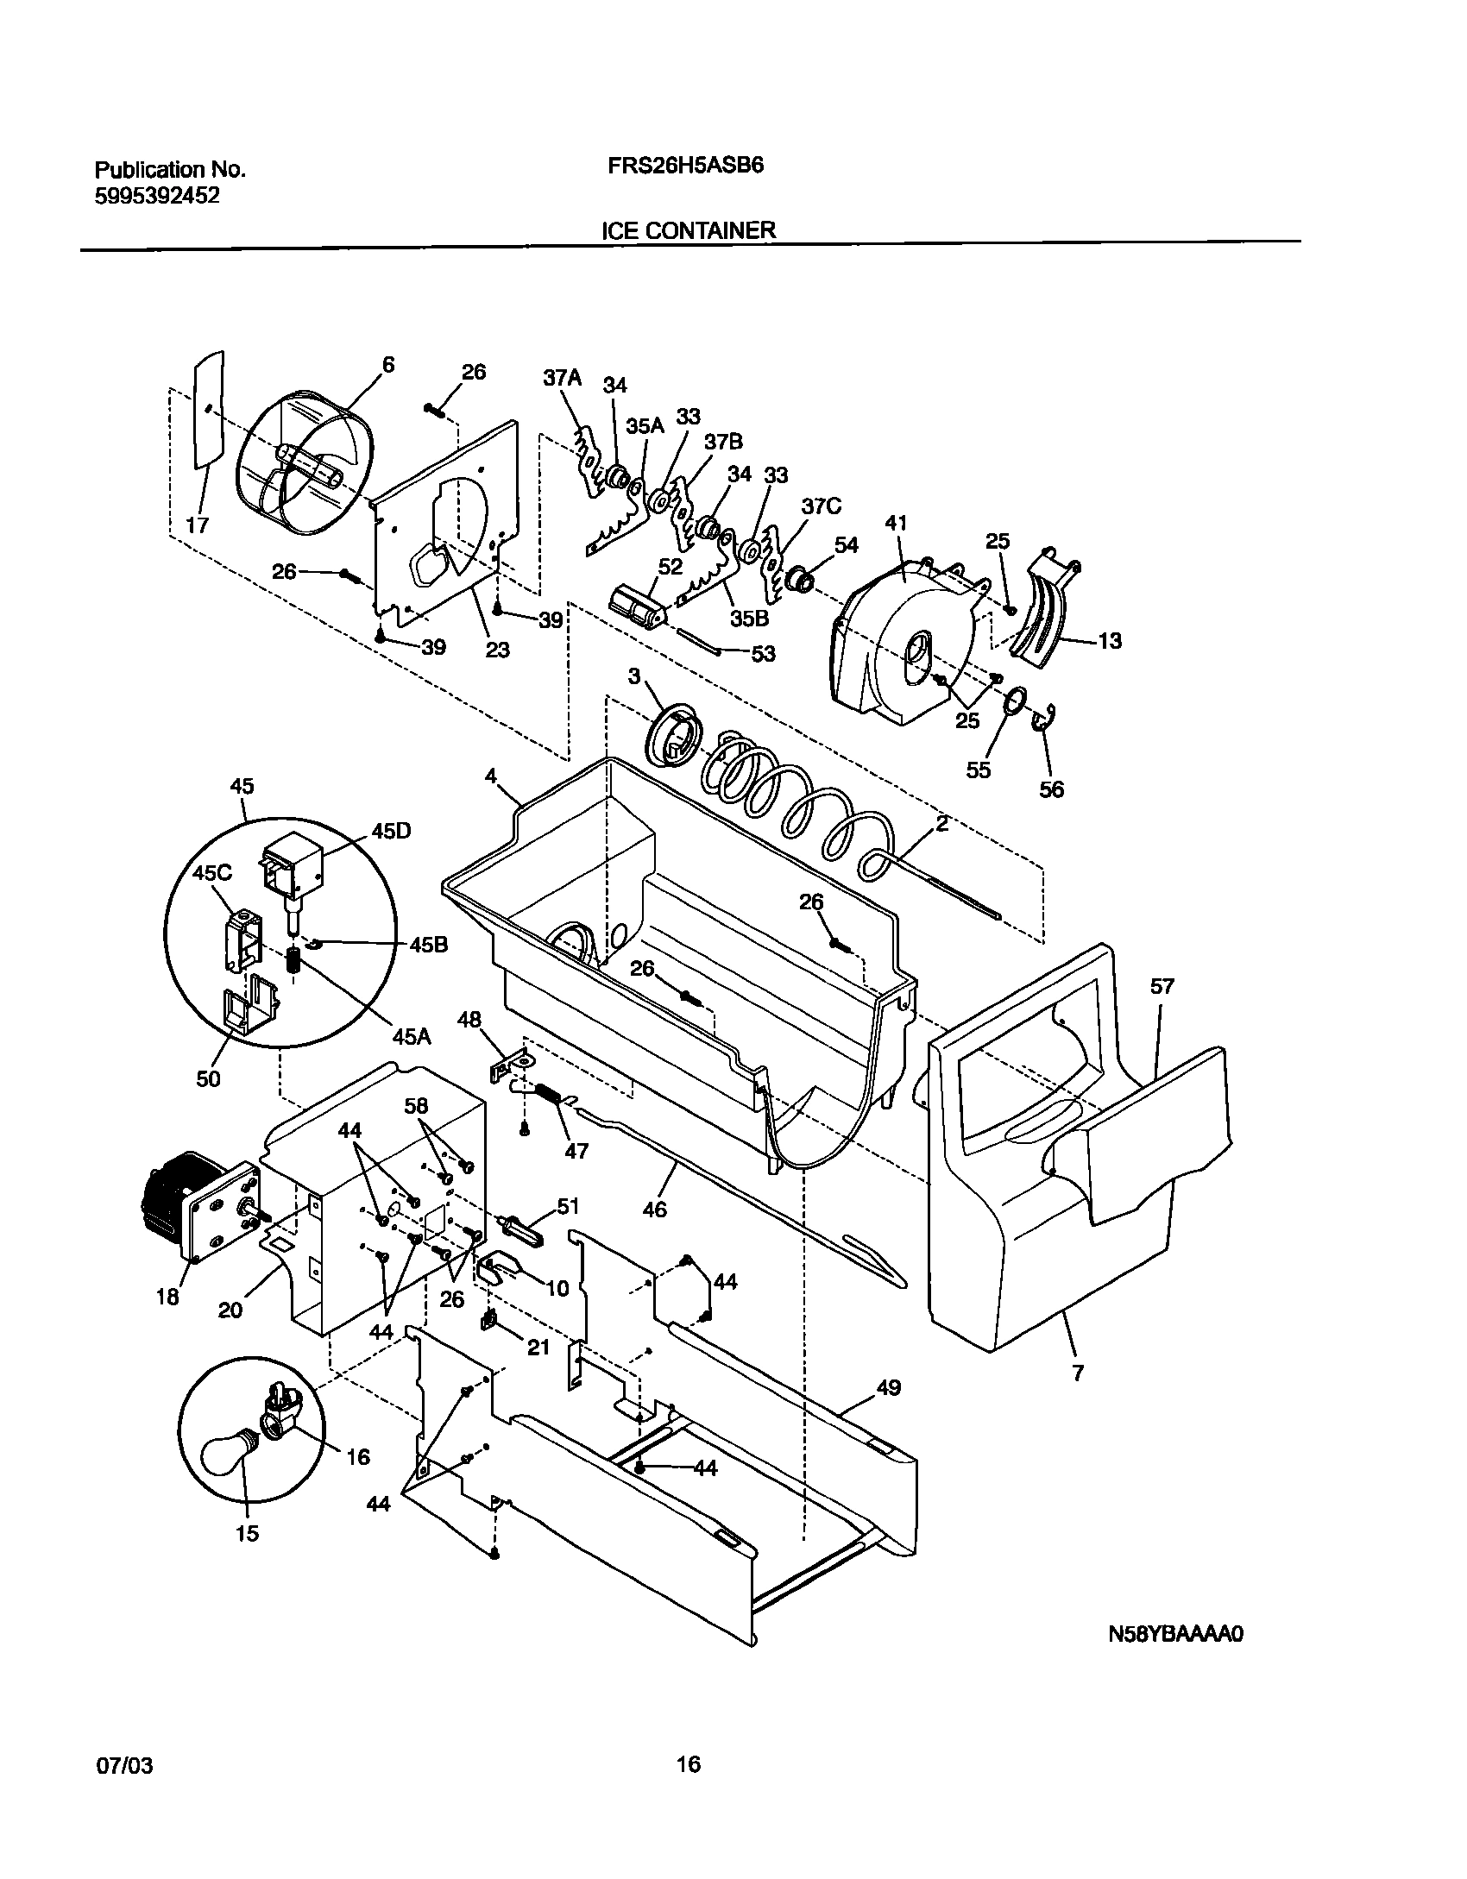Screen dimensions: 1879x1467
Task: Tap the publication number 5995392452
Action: (x=156, y=196)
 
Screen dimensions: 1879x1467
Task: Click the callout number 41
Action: (x=897, y=523)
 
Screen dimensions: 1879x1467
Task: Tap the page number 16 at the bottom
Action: (x=689, y=1763)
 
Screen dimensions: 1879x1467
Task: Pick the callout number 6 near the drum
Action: (x=388, y=365)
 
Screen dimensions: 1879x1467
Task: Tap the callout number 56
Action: (x=1052, y=789)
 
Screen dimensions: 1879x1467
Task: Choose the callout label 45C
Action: (x=212, y=873)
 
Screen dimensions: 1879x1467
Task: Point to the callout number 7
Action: (x=1078, y=1373)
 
